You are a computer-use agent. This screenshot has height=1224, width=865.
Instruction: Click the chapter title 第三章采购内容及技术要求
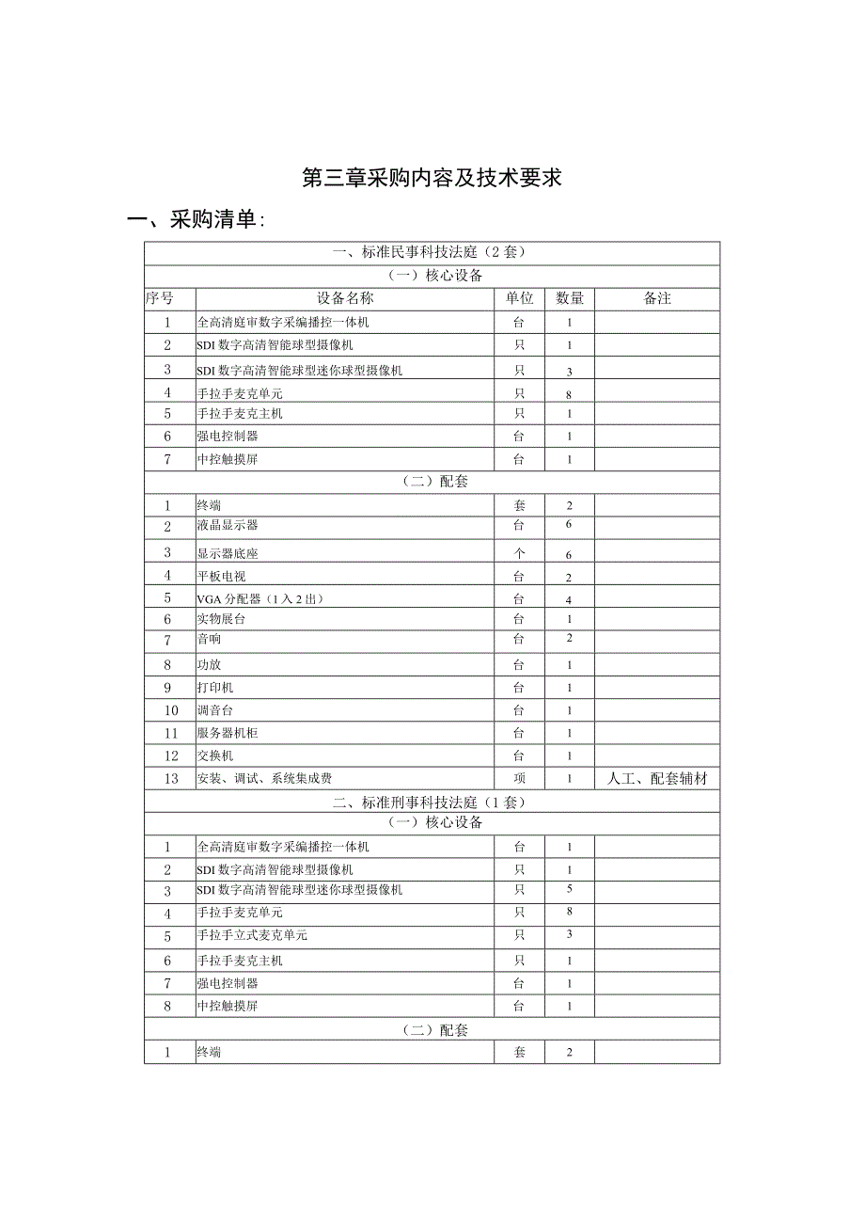pos(432,178)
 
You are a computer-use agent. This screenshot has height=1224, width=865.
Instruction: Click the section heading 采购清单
pos(197,220)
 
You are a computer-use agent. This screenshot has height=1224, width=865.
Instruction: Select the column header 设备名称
pos(345,298)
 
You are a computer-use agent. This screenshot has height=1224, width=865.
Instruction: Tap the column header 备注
pos(657,298)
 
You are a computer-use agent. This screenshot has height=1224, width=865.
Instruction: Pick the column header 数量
pos(570,298)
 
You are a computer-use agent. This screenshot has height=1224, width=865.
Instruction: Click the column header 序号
pos(160,298)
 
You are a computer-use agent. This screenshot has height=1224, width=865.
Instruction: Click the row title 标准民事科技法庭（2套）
pos(432,252)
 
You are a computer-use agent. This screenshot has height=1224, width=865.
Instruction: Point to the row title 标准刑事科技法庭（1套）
pos(432,802)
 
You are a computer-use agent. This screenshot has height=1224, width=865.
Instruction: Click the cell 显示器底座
pos(228,553)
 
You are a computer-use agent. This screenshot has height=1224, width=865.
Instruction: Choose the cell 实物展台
pos(221,619)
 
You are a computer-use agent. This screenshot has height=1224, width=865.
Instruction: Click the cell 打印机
pos(215,688)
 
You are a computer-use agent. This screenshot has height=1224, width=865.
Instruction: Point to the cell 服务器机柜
pos(228,733)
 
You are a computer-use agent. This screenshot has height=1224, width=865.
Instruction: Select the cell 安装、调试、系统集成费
pos(264,778)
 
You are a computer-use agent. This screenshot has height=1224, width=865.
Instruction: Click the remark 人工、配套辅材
pos(657,778)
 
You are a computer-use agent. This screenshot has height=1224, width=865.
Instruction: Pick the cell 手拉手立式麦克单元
pos(252,936)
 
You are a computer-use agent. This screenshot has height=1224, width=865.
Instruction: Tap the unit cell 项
pos(519,778)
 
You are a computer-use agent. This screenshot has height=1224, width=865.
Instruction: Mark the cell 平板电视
pos(221,576)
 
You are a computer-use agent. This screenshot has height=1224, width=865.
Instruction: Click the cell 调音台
pos(215,710)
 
